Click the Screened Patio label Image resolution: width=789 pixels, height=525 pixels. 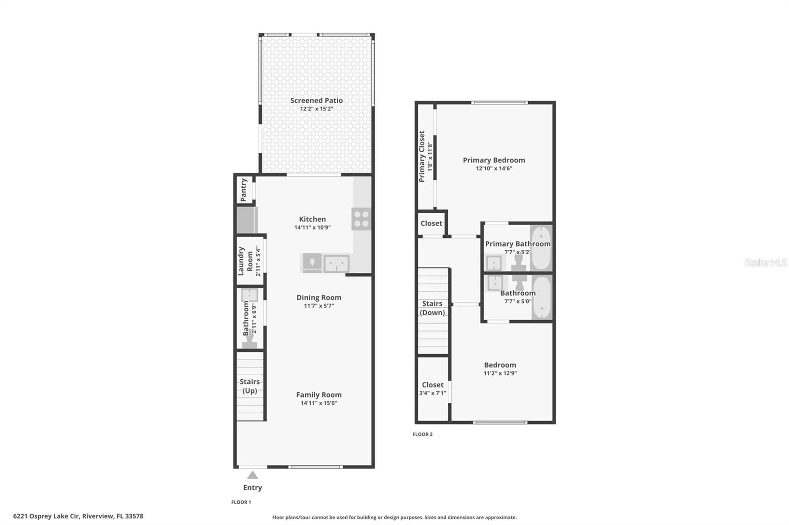coord(316,100)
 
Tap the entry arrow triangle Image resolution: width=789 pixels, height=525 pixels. coord(252,475)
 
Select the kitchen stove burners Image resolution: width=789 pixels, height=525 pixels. coord(361,219)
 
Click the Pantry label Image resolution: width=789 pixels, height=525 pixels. coord(244,190)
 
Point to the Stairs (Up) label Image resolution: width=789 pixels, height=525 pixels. coord(250,386)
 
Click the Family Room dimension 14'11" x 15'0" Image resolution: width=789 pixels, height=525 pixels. coord(319,403)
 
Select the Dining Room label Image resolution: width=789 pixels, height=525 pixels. coord(319,297)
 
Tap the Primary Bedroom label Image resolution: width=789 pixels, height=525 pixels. coord(494,160)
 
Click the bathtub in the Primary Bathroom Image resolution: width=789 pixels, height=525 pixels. coord(541,248)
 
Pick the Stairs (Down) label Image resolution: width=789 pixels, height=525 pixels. coord(432,308)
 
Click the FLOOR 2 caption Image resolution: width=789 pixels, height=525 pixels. coord(423,434)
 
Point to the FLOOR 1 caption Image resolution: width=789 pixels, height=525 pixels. coord(241,502)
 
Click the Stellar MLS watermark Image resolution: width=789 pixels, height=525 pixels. coord(765,262)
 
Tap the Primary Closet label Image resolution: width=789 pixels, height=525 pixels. coord(422,156)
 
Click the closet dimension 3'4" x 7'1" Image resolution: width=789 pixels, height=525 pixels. coord(432,393)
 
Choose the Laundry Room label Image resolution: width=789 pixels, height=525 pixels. coord(246,261)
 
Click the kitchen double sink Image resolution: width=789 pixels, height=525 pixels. coord(336,263)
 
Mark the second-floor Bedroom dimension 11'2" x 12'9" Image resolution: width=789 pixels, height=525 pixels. coord(500,373)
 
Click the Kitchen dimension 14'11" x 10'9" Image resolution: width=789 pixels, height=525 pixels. coord(312,228)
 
